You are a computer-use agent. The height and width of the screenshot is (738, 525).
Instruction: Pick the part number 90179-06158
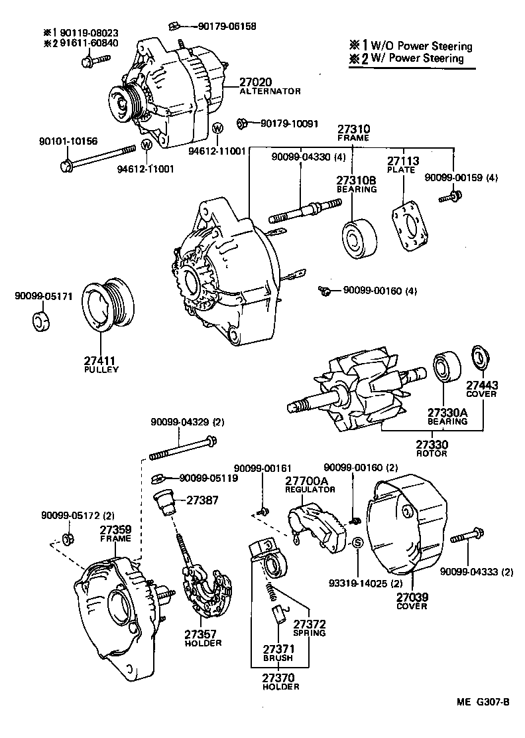[227, 27]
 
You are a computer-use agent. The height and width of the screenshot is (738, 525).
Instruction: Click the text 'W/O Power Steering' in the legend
[420, 46]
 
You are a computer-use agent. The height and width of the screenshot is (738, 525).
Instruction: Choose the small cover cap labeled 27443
[479, 356]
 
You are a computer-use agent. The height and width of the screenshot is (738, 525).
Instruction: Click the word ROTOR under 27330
[432, 453]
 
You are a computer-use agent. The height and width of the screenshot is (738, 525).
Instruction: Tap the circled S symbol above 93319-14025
[357, 544]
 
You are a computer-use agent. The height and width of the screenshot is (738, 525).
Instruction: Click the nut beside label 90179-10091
[243, 123]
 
